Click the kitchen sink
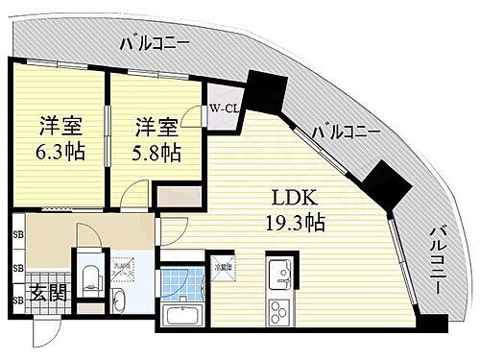coord(280,273)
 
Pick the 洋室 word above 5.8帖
coord(154,126)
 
